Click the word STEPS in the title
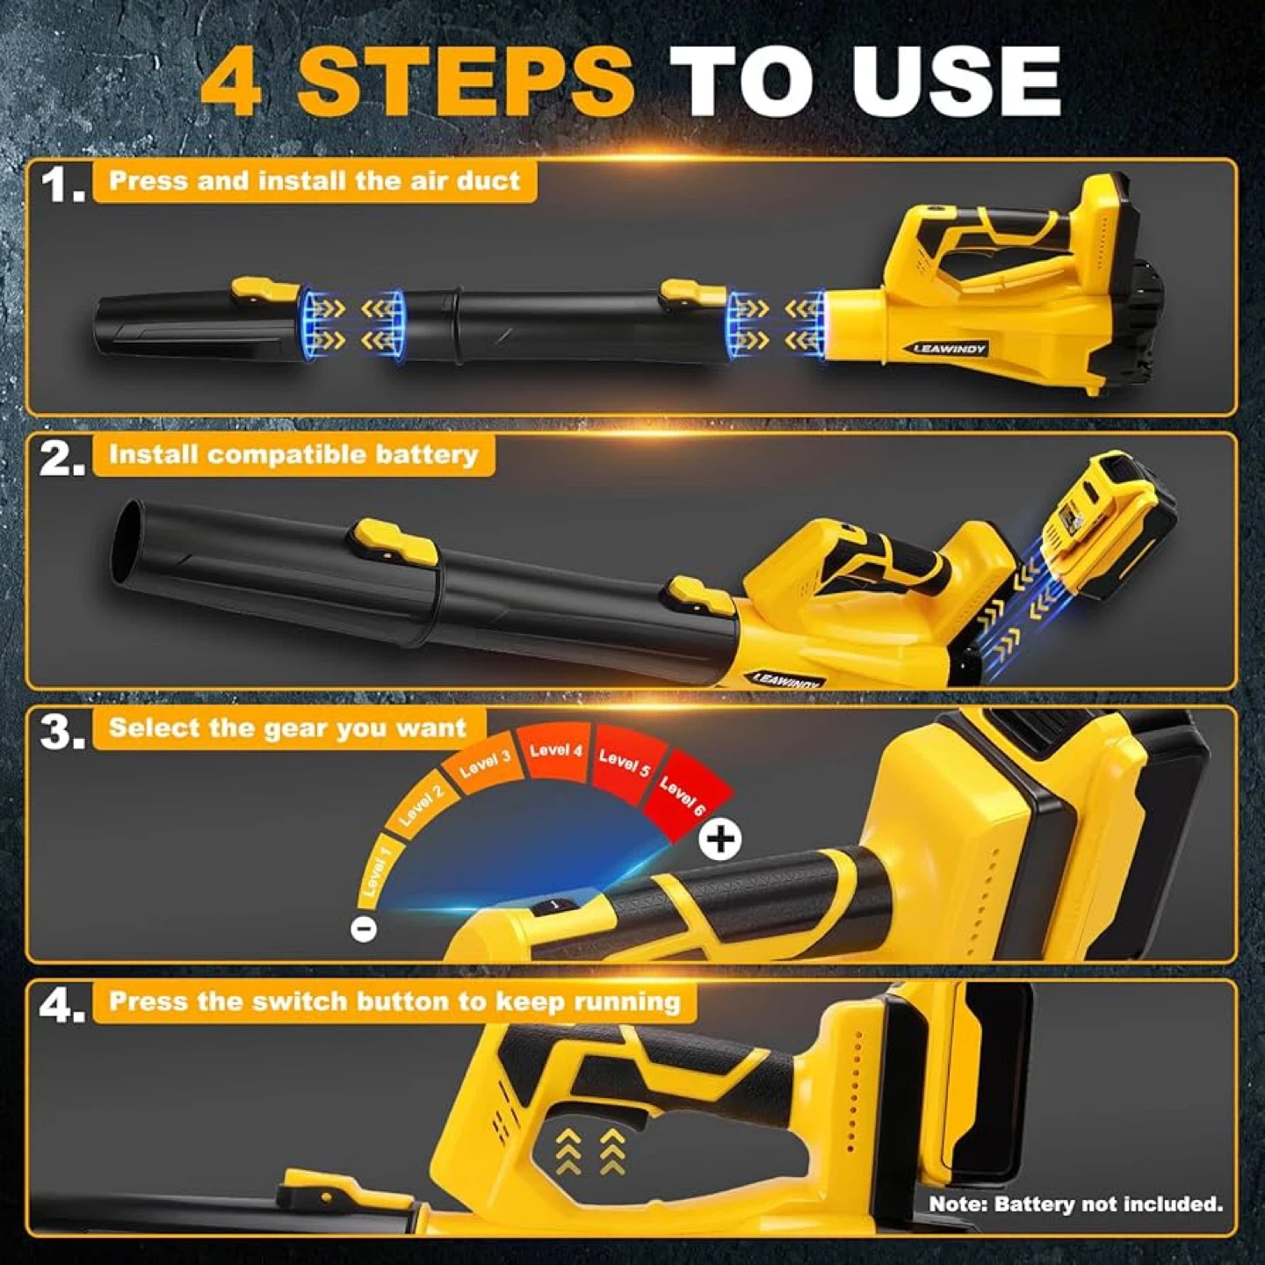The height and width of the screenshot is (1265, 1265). tap(466, 82)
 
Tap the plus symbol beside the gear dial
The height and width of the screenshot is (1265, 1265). tap(720, 839)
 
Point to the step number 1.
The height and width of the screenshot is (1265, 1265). tap(61, 185)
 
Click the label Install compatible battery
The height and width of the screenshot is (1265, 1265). tap(293, 454)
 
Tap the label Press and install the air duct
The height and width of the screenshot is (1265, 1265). tap(314, 181)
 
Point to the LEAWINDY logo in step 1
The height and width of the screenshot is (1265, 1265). tap(950, 349)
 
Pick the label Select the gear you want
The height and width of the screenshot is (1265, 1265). tap(287, 728)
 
